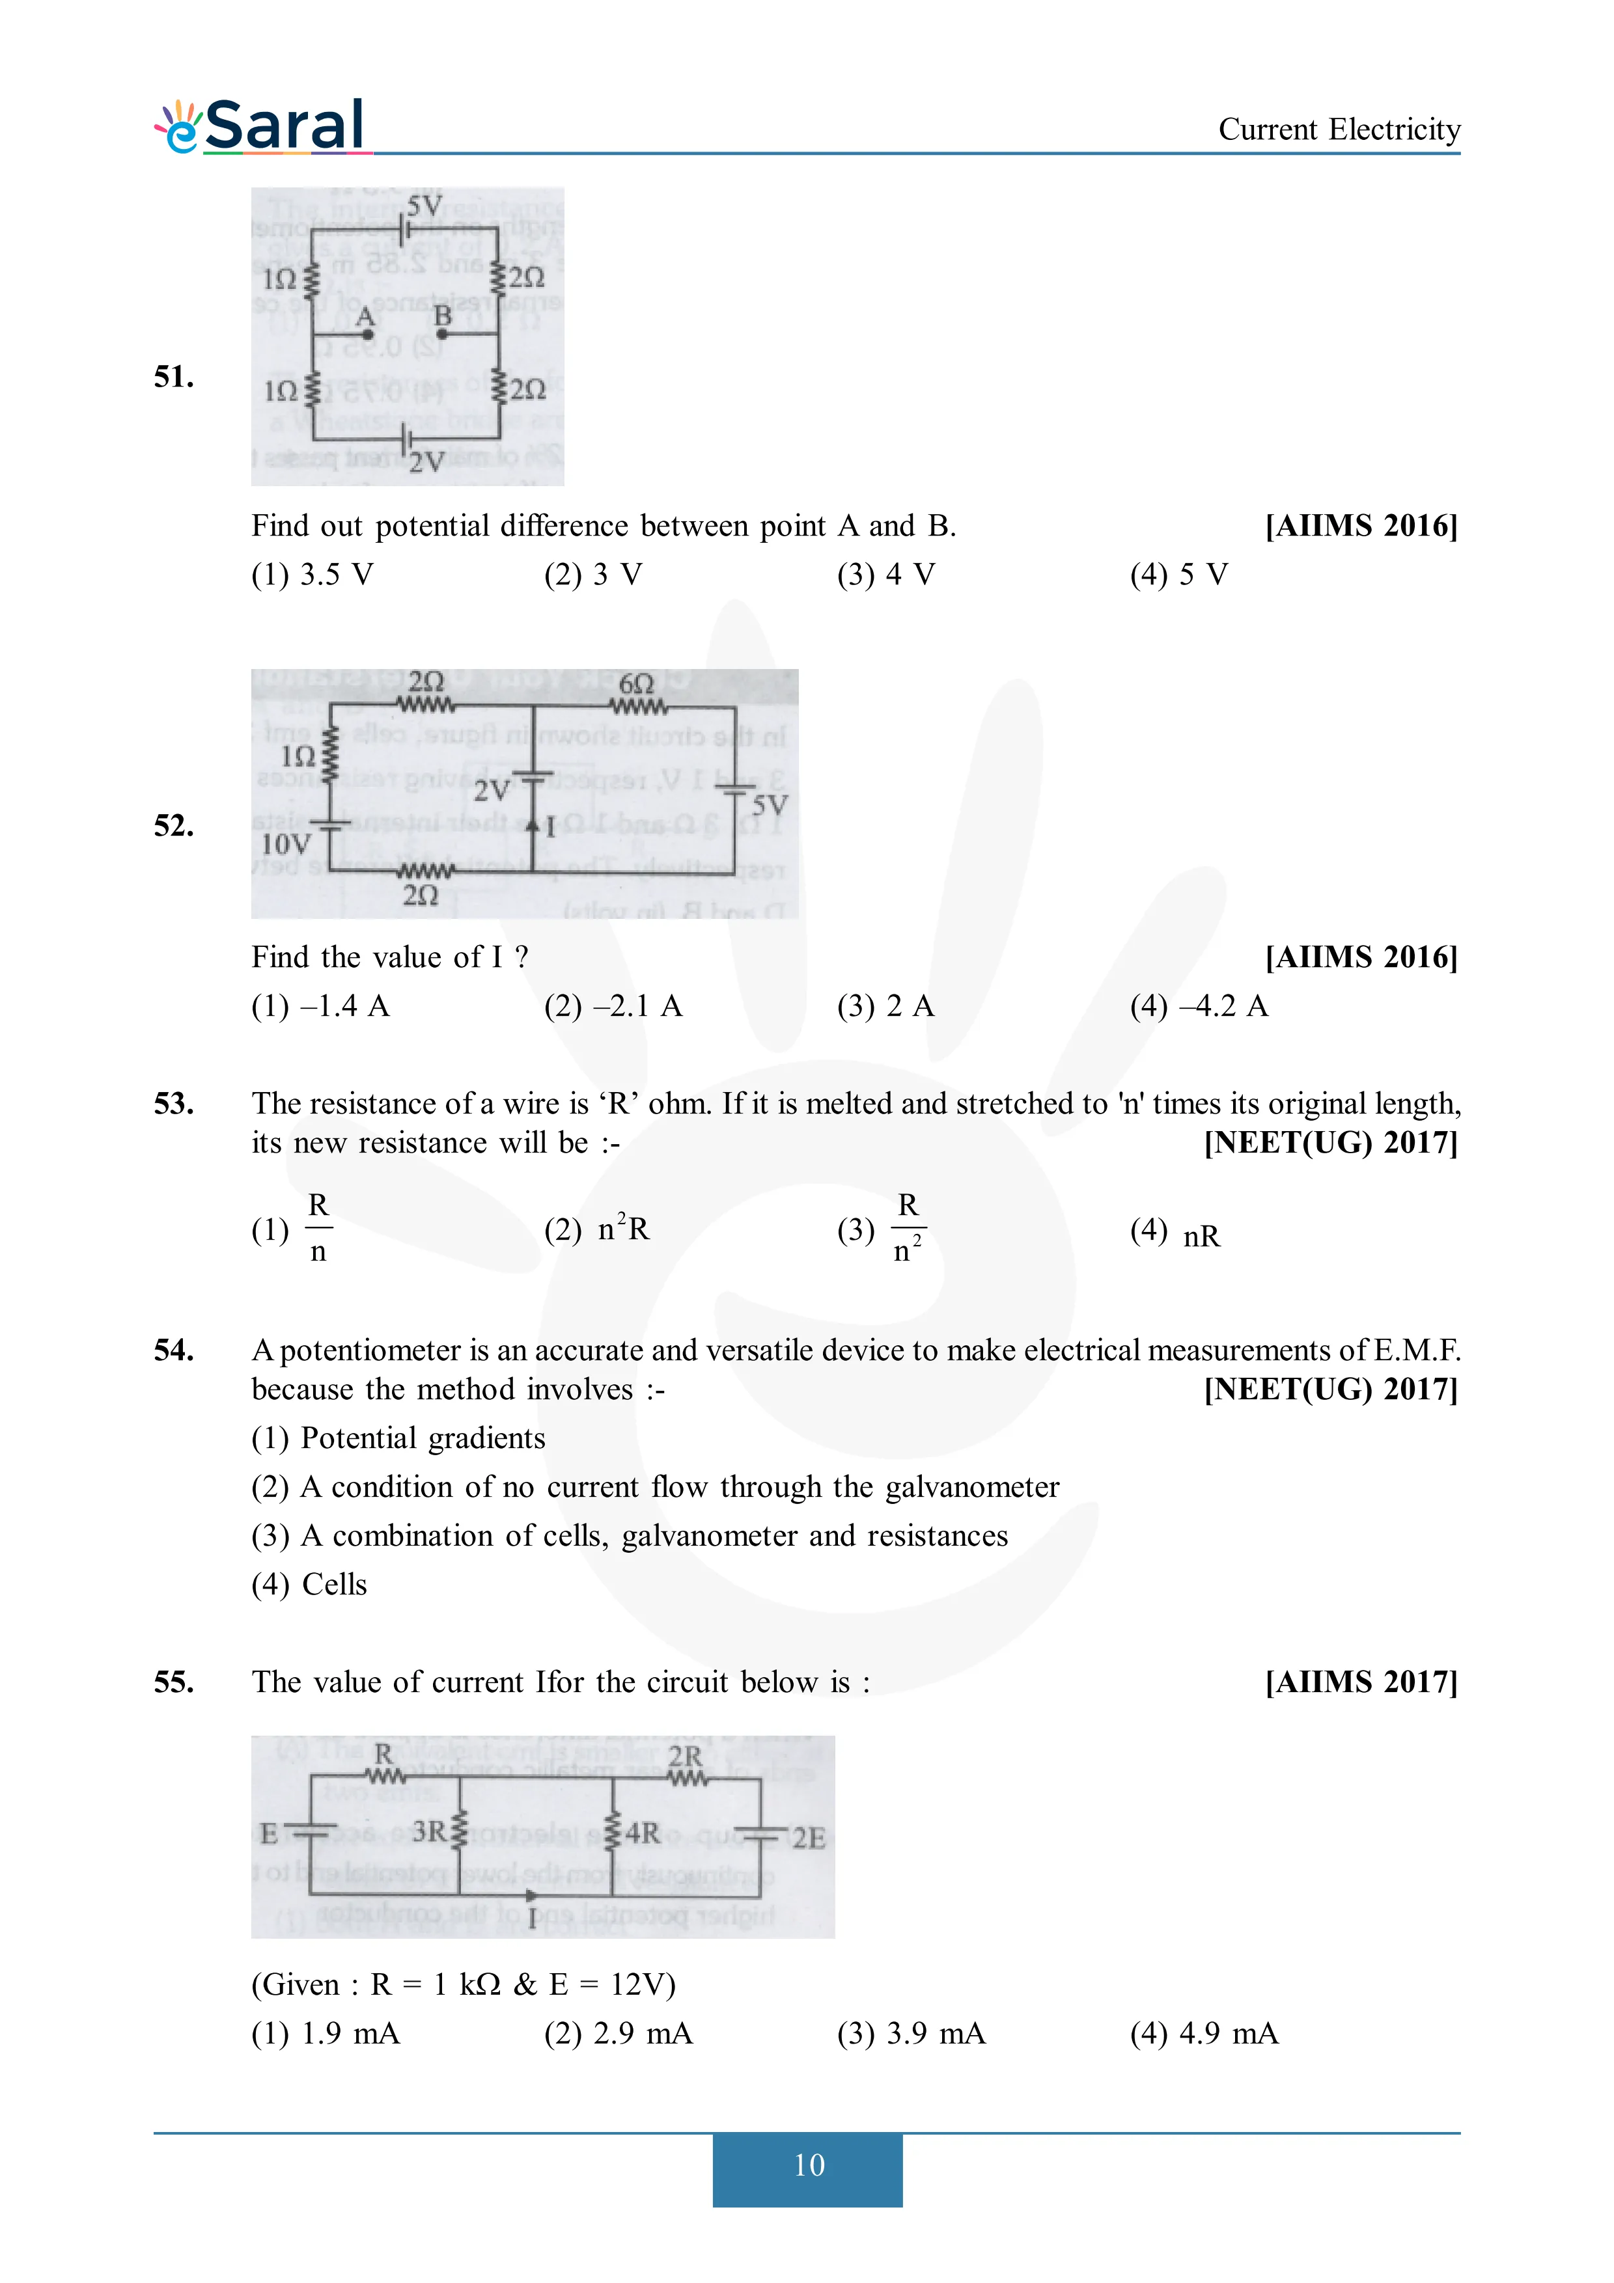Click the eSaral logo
(260, 128)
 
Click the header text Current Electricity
(1339, 130)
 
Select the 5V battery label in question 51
(424, 206)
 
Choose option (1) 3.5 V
(313, 575)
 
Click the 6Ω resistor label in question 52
(637, 684)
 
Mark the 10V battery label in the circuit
(285, 844)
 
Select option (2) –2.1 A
(613, 1006)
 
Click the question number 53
(174, 1104)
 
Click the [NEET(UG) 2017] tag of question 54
(1331, 1389)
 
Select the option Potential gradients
(398, 1439)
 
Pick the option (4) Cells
(309, 1585)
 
